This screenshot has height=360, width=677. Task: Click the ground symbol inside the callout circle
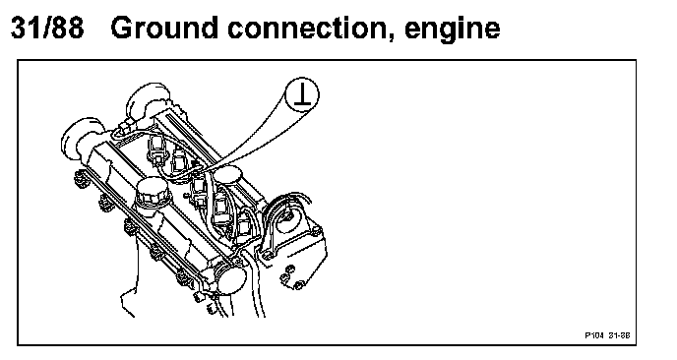tap(303, 95)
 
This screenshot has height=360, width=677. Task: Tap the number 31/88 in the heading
tap(47, 28)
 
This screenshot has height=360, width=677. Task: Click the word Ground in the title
tap(164, 28)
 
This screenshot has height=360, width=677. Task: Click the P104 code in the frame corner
tap(594, 335)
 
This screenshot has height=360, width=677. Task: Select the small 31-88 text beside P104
tap(620, 335)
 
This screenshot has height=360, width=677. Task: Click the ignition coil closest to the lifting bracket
tap(243, 221)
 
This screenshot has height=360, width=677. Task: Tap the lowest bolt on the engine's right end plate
tap(298, 284)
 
